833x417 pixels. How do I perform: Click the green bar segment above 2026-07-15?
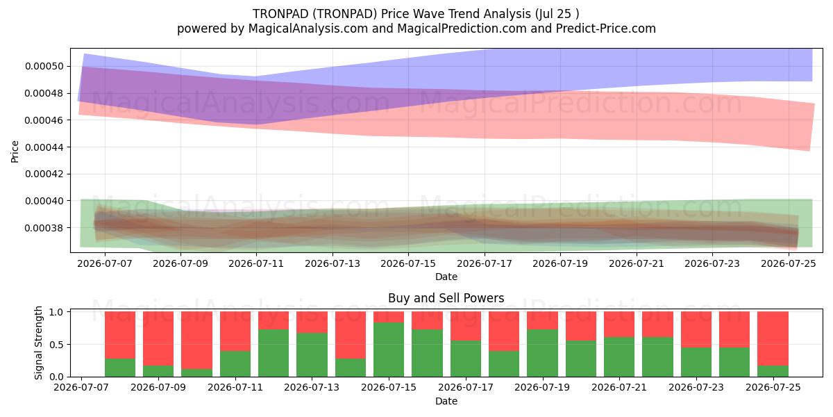tap(389, 349)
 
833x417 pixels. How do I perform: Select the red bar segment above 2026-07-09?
tap(158, 338)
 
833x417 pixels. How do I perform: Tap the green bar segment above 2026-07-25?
tap(773, 371)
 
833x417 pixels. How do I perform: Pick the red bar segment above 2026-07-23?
tap(696, 329)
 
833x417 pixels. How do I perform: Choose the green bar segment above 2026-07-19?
tap(543, 353)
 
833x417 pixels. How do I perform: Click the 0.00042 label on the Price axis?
tap(44, 174)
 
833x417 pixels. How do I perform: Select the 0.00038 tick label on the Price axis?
tap(44, 227)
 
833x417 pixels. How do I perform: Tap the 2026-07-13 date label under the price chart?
tap(333, 263)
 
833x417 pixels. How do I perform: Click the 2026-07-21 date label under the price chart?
tap(637, 263)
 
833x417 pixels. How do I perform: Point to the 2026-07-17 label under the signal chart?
tap(466, 387)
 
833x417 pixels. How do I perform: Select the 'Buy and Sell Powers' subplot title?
tap(446, 298)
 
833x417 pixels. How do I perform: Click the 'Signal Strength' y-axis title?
tap(38, 343)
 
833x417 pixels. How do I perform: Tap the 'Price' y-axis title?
tap(15, 152)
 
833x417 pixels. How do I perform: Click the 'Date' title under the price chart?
tap(446, 277)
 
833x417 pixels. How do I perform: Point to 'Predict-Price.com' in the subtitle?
tap(606, 28)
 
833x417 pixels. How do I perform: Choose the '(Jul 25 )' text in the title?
tap(557, 14)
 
